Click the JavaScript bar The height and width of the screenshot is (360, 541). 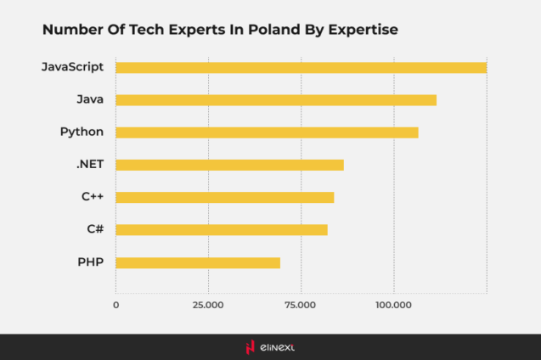pyautogui.click(x=301, y=67)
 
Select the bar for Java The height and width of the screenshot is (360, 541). pyautogui.click(x=276, y=99)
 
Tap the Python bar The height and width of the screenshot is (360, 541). pyautogui.click(x=267, y=132)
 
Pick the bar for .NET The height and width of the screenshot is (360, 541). pyautogui.click(x=229, y=165)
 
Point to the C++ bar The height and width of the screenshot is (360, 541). pyautogui.click(x=224, y=197)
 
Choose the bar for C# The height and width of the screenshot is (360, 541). pyautogui.click(x=221, y=229)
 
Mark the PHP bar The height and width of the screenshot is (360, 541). pyautogui.click(x=197, y=262)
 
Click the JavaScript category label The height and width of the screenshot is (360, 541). pyautogui.click(x=72, y=67)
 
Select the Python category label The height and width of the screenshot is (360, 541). pyautogui.click(x=82, y=132)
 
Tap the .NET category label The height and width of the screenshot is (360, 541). pyautogui.click(x=89, y=165)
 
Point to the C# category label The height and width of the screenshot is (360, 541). pyautogui.click(x=94, y=229)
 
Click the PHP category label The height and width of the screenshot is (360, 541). pyautogui.click(x=90, y=262)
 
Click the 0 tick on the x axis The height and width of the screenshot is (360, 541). pyautogui.click(x=116, y=303)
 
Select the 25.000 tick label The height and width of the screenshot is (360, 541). pyautogui.click(x=208, y=303)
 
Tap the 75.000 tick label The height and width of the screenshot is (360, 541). pyautogui.click(x=301, y=303)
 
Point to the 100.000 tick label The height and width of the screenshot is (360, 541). pyautogui.click(x=393, y=303)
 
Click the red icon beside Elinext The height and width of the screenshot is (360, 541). pyautogui.click(x=250, y=347)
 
